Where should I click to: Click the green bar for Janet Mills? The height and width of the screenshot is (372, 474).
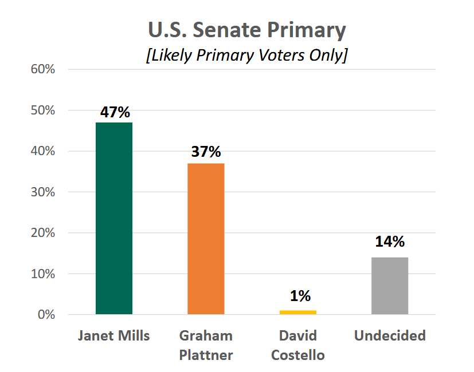click(114, 218)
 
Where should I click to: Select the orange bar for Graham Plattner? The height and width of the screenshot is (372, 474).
click(206, 239)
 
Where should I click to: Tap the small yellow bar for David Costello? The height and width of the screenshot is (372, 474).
click(297, 312)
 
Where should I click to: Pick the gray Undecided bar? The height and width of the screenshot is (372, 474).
click(390, 286)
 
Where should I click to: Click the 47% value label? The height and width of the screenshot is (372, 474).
click(115, 112)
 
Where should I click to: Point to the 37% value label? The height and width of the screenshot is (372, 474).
click(206, 152)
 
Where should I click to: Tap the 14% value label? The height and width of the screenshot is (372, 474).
click(390, 242)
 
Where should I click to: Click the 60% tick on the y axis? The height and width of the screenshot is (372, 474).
click(42, 69)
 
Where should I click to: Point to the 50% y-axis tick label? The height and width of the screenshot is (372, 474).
click(42, 110)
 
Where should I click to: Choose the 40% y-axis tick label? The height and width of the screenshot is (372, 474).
click(42, 151)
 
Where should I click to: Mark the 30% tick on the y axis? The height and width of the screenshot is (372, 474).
click(42, 192)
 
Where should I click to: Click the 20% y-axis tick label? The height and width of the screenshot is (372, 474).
click(42, 233)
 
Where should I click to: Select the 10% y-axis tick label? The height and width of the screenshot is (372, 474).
click(42, 274)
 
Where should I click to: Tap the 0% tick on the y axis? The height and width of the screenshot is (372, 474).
click(45, 315)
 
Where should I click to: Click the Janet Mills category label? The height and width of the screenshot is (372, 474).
click(114, 335)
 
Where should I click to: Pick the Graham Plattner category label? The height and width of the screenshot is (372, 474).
click(206, 345)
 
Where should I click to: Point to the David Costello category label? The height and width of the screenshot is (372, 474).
click(297, 345)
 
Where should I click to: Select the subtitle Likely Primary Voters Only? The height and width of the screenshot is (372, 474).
click(246, 56)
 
